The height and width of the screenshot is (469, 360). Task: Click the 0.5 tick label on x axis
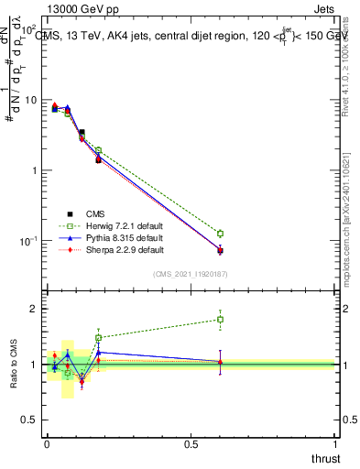pyautogui.click(x=191, y=443)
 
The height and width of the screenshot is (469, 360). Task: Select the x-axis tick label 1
pyautogui.click(x=336, y=443)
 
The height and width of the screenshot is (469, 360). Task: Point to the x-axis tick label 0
pyautogui.click(x=47, y=443)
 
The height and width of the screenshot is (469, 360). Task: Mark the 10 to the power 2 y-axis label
pyautogui.click(x=28, y=29)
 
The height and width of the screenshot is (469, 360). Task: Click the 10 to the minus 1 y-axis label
pyautogui.click(x=28, y=241)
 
